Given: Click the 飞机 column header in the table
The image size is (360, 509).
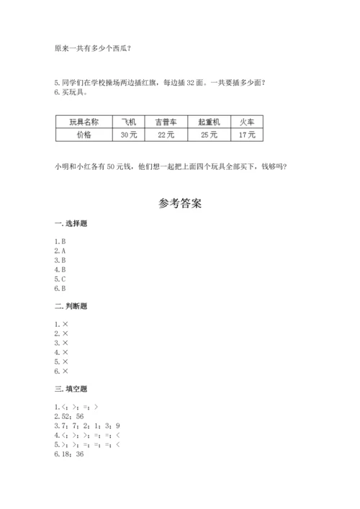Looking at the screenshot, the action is point(129,122).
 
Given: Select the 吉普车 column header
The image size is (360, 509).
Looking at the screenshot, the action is point(166,122).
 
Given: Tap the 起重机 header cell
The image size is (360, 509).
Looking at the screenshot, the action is point(209,122).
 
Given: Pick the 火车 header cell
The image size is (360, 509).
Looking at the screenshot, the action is point(247,122).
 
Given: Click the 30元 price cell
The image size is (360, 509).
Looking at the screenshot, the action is point(129,135).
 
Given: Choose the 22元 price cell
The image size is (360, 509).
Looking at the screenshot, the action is point(166,135).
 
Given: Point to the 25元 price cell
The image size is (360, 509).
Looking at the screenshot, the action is point(209,135).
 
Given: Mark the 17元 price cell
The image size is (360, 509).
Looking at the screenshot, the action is point(247,135).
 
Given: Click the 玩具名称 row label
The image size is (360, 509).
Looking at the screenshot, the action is point(83,122).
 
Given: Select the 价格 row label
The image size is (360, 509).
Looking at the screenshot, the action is point(83,135).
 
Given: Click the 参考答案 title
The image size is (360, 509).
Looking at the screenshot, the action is point(180,204).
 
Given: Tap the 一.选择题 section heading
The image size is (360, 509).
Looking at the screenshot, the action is point(71,224).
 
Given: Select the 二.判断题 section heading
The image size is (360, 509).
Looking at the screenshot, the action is point(71,306).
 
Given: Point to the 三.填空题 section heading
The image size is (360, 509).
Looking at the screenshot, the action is point(71,389).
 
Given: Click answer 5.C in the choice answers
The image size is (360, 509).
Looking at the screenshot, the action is point(60,278).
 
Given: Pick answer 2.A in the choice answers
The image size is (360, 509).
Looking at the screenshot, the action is point(60,250).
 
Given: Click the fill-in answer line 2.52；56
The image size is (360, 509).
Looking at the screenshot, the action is point(69,417).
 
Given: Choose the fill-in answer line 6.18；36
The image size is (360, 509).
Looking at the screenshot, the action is point(69,454).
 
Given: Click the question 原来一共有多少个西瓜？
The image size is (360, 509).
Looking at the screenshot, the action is point(93,49).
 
